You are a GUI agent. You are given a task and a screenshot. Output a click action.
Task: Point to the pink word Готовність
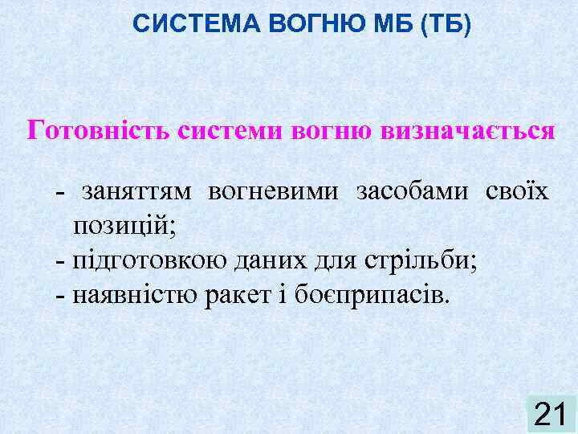click(x=98, y=129)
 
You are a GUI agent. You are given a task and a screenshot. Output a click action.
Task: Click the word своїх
click(x=517, y=192)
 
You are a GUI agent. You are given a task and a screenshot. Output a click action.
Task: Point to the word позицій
click(x=124, y=227)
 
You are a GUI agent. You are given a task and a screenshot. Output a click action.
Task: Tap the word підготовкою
click(x=153, y=260)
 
